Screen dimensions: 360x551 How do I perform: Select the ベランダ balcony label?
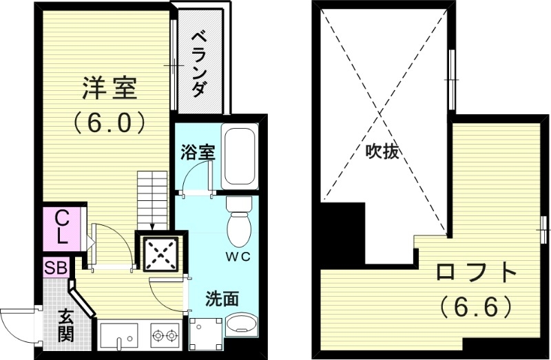pos(198,63)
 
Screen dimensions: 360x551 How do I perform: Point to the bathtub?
pos(240,156)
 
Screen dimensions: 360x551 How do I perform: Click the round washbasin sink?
pos(240,326)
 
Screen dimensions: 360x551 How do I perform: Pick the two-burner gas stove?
pos(165,336)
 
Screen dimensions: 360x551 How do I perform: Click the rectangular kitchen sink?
pos(118,336)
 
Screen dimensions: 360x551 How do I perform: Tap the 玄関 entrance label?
pos(66,326)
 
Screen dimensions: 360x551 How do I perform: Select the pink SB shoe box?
pos(56,268)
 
